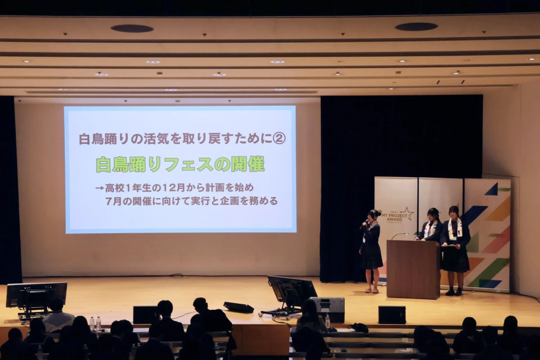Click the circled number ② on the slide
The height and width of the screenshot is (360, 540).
279,138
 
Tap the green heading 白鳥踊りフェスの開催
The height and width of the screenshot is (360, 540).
180,165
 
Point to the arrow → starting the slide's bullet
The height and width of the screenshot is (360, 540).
99,188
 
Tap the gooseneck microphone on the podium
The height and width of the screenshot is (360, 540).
399,235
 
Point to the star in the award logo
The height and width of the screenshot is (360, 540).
407,212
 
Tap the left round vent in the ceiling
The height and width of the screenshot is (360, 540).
132,28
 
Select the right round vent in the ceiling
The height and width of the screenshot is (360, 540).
416,27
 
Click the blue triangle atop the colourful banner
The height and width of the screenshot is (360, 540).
492,189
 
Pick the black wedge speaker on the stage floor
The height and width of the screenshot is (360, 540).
238,307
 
